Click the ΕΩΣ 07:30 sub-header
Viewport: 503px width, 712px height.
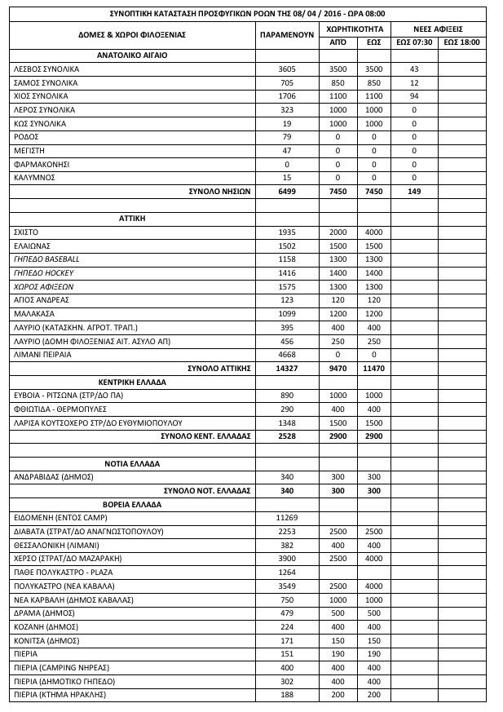click(415, 42)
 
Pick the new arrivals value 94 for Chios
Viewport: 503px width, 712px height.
click(415, 96)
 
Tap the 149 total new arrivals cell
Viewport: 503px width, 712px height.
click(415, 191)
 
